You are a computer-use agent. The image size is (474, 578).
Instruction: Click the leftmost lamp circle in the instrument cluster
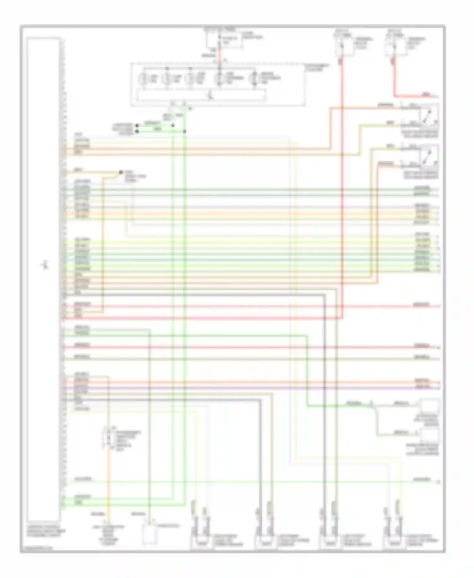[144, 78]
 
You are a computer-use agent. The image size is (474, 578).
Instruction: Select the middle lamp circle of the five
[190, 78]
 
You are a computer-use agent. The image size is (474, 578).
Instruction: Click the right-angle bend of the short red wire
[394, 95]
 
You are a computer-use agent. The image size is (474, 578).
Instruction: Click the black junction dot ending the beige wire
[120, 172]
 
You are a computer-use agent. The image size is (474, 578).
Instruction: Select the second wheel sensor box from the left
[265, 543]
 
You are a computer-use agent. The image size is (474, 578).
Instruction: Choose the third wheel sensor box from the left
[330, 543]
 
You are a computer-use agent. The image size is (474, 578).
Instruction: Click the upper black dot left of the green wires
[137, 125]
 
